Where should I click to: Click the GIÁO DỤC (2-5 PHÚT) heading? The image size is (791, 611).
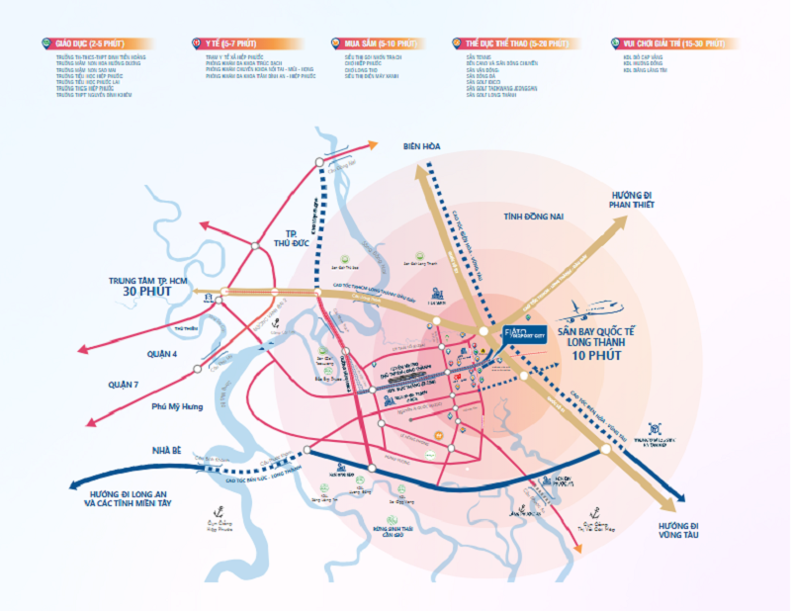tap(92, 44)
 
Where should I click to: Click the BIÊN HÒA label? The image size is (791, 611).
tap(421, 146)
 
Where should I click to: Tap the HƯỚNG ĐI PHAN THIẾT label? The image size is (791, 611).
tap(633, 197)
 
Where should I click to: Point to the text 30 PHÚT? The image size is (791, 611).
tap(148, 294)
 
